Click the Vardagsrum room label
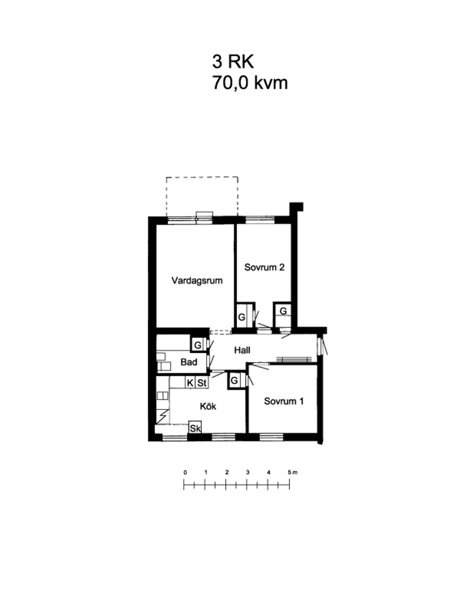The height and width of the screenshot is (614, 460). coord(197,281)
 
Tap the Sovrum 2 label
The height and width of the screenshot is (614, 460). coord(264,267)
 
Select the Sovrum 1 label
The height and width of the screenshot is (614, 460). coord(283,401)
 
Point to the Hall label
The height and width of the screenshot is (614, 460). coord(242,350)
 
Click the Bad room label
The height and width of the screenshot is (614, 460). coord(189,362)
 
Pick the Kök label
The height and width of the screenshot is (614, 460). coord(208,406)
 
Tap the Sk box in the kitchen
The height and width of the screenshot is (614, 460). coord(195,428)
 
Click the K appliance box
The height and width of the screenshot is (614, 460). coord(190,383)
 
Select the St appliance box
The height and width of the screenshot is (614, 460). coord(201,383)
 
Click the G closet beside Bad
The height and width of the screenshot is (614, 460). coord(198,345)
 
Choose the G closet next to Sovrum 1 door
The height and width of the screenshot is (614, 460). coord(235,380)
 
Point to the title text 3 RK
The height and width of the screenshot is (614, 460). coord(233,62)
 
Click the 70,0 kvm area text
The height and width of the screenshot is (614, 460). coord(250,83)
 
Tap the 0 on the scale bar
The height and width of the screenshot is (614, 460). coord(185,473)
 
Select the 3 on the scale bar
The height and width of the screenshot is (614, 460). coord(247,473)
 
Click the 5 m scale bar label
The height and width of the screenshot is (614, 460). coord(293,473)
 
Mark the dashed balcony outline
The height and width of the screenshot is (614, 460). coord(202,177)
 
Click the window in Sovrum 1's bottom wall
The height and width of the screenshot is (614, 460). coord(271,437)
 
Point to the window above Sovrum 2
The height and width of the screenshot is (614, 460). coord(260,220)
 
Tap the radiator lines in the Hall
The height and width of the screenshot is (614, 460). coord(293,359)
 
